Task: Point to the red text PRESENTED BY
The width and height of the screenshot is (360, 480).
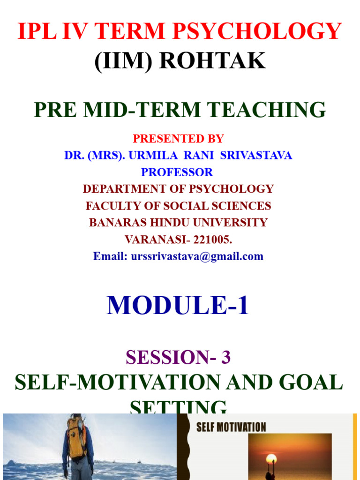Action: point(178,139)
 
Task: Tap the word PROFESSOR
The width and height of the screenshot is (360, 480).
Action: point(177,172)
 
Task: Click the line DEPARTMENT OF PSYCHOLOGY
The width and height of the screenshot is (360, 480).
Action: point(178,189)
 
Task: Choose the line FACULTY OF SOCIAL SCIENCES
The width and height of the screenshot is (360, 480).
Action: point(178,206)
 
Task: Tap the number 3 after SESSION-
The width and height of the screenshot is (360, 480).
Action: point(226,358)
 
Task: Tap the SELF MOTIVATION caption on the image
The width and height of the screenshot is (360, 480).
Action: point(231,427)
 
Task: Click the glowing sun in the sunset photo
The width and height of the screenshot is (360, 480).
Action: point(271,459)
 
